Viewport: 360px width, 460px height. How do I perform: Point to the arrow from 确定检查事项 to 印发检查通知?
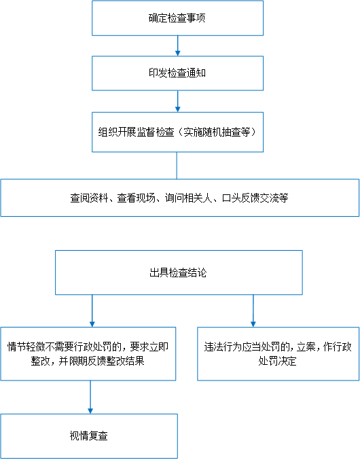pyautogui.click(x=178, y=46)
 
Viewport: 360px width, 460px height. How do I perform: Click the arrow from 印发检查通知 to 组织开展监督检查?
pyautogui.click(x=178, y=101)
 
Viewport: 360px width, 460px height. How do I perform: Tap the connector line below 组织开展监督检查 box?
pyautogui.click(x=177, y=166)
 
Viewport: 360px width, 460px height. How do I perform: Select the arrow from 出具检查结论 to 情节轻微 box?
pyautogui.click(x=92, y=311)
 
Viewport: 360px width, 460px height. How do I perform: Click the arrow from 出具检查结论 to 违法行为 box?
pyautogui.click(x=253, y=311)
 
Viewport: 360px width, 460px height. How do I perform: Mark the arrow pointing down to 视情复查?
pyautogui.click(x=90, y=397)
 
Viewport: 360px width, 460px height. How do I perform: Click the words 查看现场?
pyautogui.click(x=137, y=198)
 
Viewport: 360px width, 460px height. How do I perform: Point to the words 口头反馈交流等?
pyautogui.click(x=255, y=198)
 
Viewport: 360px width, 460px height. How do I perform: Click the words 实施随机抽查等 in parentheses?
pyautogui.click(x=217, y=132)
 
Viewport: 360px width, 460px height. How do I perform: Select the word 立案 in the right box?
pyautogui.click(x=306, y=347)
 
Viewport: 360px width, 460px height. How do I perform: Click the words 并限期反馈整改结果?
pyautogui.click(x=101, y=361)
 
